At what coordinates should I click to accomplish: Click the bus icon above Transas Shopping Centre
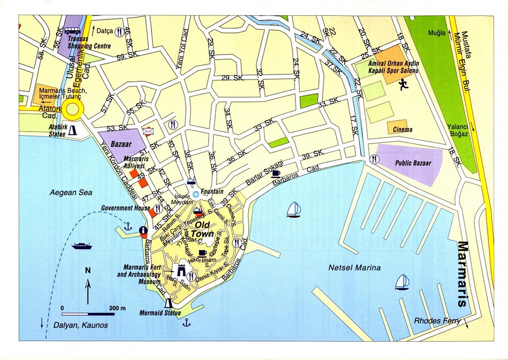72,31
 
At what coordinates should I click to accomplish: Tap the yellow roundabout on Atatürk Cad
73,110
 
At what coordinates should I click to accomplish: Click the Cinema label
402,130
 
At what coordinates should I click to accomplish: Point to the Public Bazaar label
413,162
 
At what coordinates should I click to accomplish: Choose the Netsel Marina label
354,268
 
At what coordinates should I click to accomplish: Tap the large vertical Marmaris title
462,274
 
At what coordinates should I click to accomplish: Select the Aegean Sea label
71,193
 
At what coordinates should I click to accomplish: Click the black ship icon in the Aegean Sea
81,245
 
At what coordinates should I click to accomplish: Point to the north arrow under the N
88,291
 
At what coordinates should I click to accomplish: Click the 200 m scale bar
88,314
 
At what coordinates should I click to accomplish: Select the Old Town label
202,229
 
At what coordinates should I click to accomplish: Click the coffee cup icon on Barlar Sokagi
275,173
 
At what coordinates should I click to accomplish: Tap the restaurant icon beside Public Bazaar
375,159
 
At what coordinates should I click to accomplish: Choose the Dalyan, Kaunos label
79,325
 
